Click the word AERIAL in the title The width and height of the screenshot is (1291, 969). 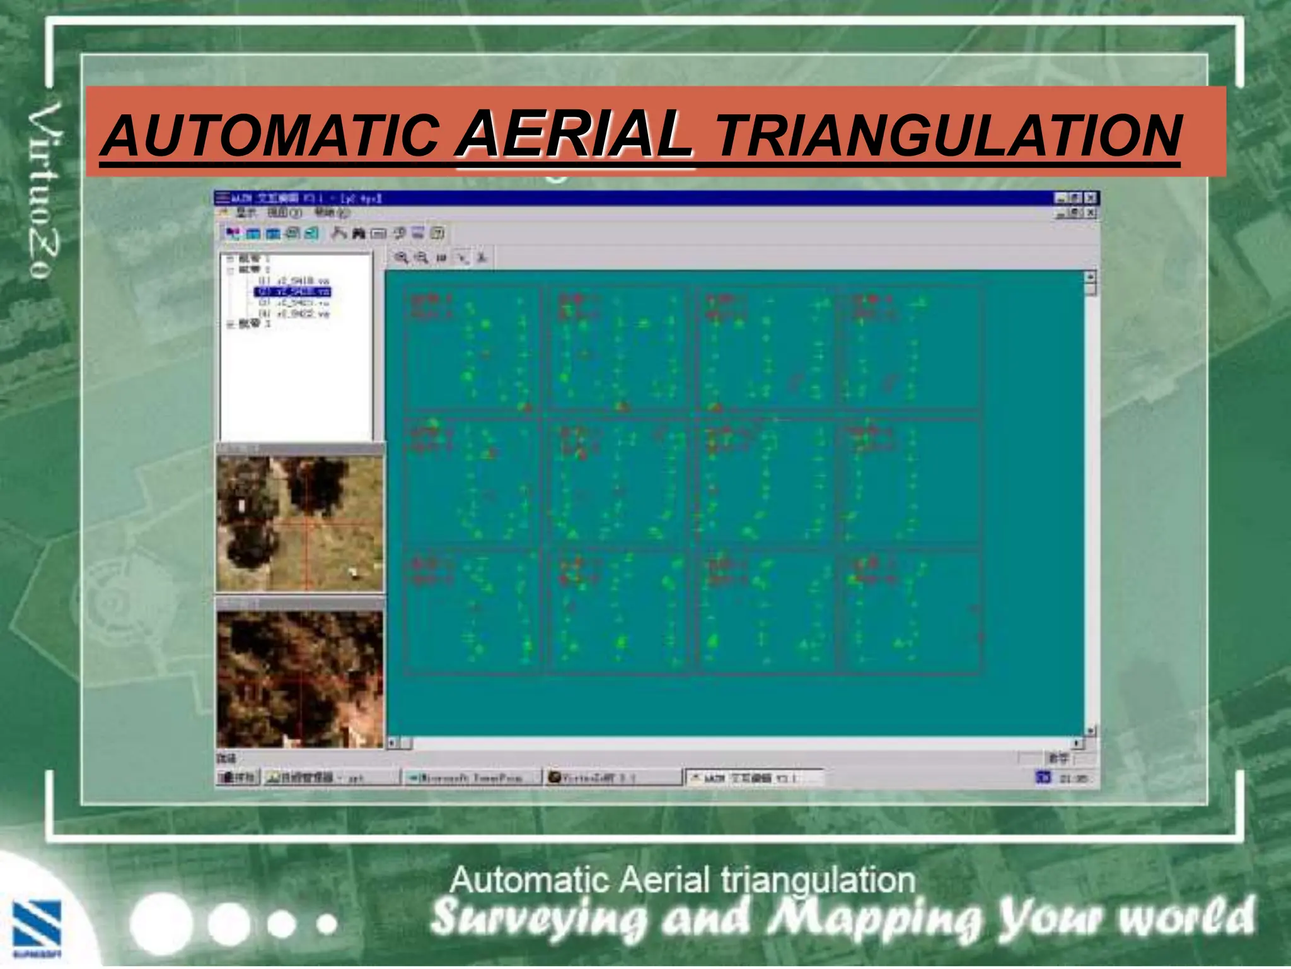point(575,134)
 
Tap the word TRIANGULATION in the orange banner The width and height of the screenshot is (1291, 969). point(948,136)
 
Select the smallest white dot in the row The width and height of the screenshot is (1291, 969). point(327,925)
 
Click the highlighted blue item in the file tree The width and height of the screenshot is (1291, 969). point(292,291)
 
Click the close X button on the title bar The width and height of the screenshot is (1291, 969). point(1091,198)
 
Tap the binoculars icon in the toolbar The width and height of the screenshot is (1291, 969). point(359,234)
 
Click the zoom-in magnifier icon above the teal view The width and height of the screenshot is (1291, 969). point(401,257)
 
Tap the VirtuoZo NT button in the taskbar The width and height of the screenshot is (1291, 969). point(613,778)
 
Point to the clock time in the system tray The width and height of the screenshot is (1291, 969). point(1073,778)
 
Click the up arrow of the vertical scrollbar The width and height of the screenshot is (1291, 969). point(1091,277)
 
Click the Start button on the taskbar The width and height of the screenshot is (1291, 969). point(236,778)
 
